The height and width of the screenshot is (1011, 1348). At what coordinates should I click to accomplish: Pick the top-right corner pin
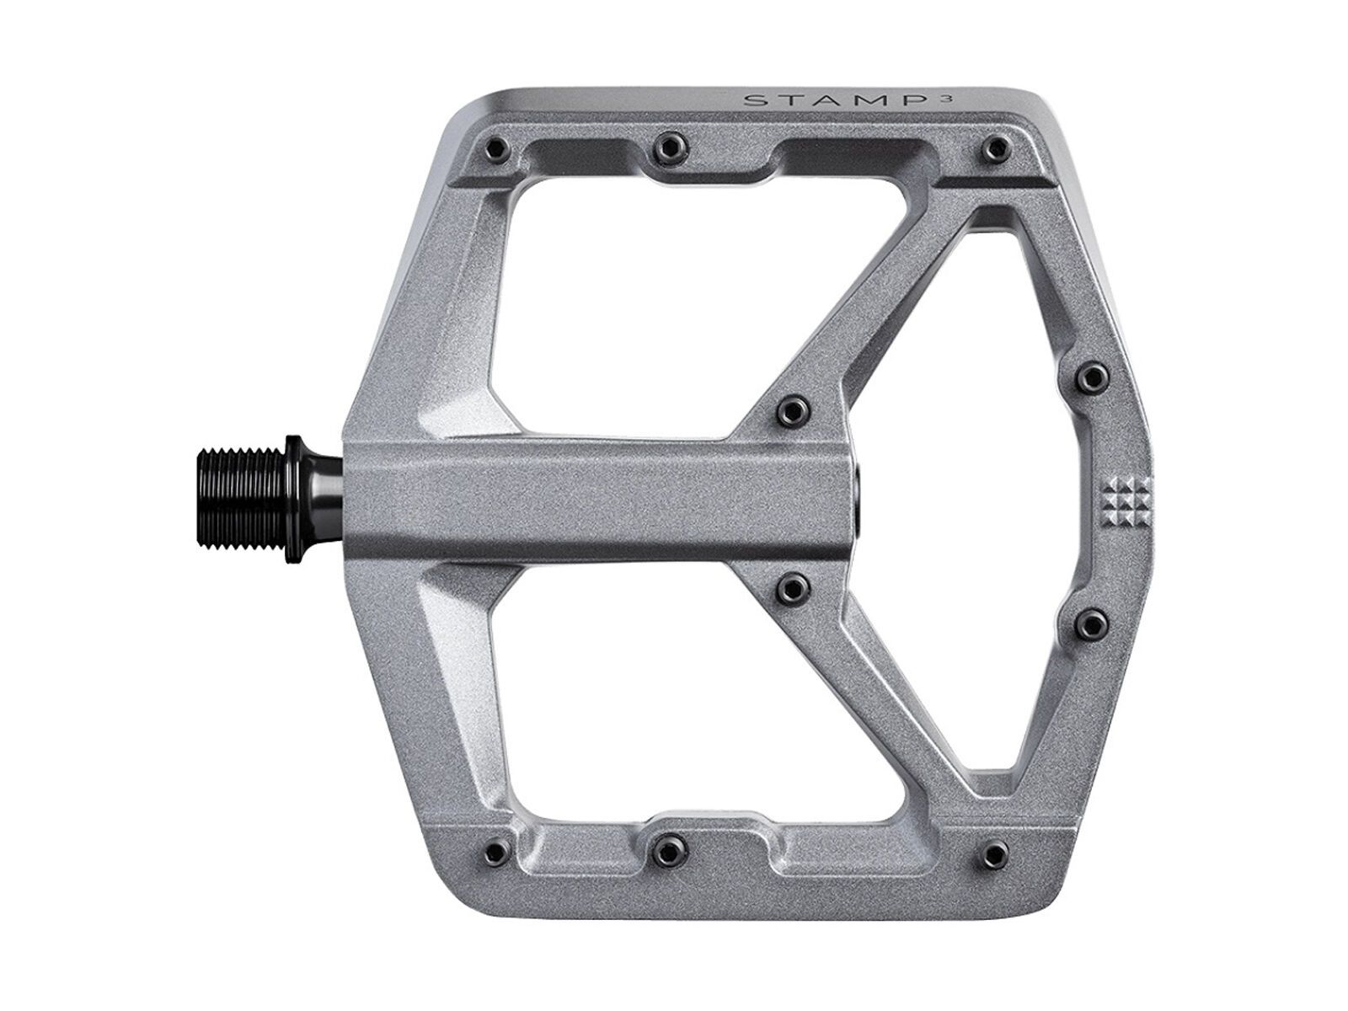(1001, 150)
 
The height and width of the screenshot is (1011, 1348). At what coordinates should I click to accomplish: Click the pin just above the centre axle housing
(791, 409)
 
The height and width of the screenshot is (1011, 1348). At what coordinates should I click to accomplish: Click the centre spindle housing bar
(590, 497)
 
